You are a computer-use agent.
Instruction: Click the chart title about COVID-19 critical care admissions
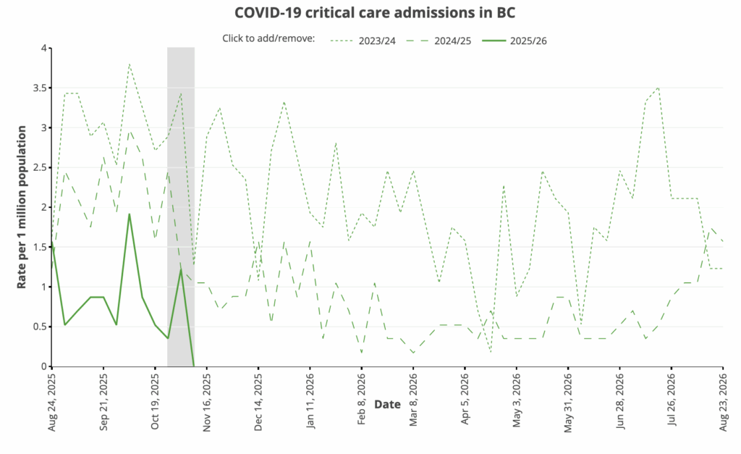tap(374, 13)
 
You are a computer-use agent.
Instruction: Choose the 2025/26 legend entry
tap(528, 40)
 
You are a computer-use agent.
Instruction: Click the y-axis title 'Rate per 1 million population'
tap(22, 207)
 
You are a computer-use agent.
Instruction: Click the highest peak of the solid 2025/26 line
tap(129, 214)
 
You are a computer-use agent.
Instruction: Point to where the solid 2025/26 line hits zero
tap(193, 366)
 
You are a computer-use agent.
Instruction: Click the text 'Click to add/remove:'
tap(268, 40)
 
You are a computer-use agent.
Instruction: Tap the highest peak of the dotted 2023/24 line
tap(129, 64)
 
